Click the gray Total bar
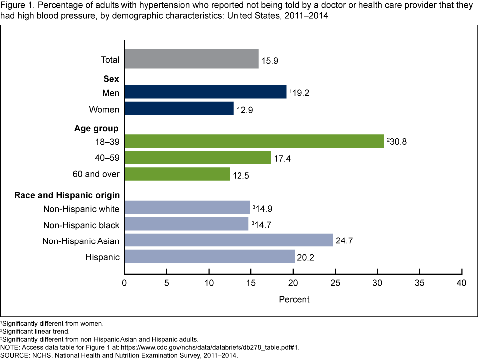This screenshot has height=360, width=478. pos(192,59)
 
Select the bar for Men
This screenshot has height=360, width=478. pos(205,92)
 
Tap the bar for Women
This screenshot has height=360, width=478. pos(179,108)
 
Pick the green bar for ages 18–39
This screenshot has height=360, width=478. pos(254,141)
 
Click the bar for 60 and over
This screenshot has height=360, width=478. pos(177,174)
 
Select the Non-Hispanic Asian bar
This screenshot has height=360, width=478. pos(229,240)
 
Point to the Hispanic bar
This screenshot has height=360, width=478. pos(210,256)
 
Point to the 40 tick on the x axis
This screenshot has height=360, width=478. pos(462,283)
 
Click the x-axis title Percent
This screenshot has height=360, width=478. pos(294,299)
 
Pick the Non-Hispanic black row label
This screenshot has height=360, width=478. pos(81,225)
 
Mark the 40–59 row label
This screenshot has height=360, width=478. pos(106,158)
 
